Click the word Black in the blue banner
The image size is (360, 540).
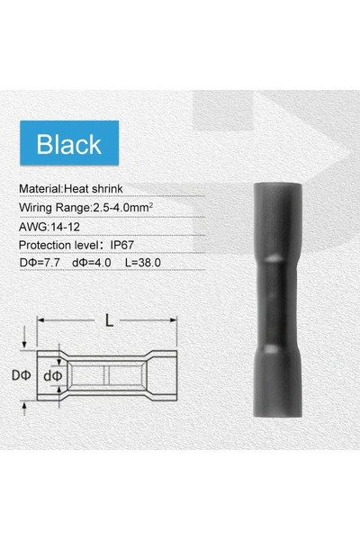click(x=69, y=144)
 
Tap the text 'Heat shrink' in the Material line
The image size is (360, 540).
click(x=94, y=189)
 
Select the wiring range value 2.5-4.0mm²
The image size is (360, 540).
click(x=123, y=208)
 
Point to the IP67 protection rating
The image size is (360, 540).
click(x=122, y=245)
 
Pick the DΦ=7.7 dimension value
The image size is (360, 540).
click(x=40, y=263)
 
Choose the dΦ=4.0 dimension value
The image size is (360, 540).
click(x=92, y=263)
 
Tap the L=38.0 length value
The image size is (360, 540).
click(x=143, y=263)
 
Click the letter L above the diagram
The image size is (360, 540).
click(x=109, y=320)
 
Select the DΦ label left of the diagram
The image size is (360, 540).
click(x=22, y=375)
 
